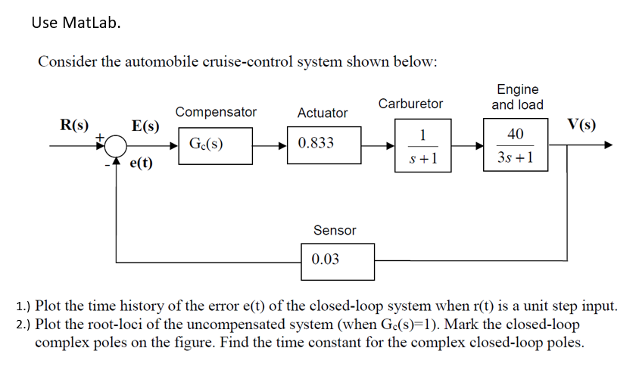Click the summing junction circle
point(115,145)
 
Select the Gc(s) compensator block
point(215,144)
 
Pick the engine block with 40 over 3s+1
point(515,146)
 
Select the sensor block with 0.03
point(337,260)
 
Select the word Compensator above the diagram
point(216,112)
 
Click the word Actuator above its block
point(323,113)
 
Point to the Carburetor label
point(410,103)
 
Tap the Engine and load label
point(518,97)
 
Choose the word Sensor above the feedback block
point(334,230)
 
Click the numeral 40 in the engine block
point(515,134)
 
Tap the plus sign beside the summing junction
point(99,135)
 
